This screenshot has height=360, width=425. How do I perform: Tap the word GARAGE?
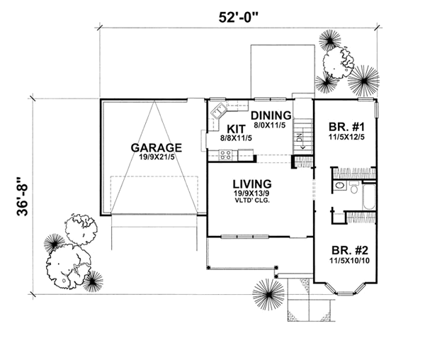pos(156,147)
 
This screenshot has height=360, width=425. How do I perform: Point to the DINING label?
pos(271,116)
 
